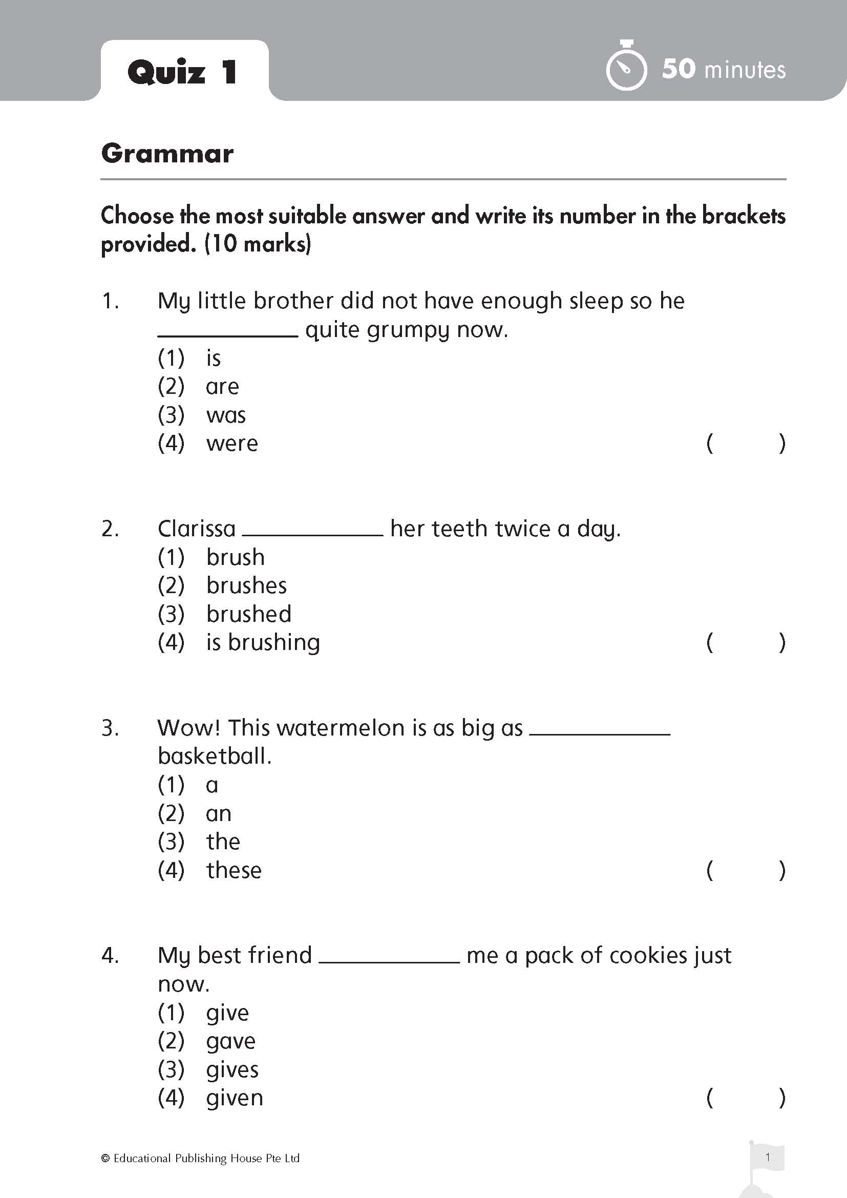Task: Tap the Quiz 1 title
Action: [182, 72]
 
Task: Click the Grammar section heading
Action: [167, 154]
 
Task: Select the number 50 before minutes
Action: [679, 69]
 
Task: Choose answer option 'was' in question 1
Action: [226, 415]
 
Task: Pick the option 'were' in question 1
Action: [231, 444]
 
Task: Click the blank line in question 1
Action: [227, 336]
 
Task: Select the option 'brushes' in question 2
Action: [246, 585]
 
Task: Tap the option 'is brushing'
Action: [263, 642]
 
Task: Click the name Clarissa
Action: [197, 529]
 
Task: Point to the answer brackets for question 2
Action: [746, 642]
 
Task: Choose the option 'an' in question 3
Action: [219, 813]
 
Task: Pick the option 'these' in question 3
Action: [234, 870]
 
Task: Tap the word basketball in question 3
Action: [214, 756]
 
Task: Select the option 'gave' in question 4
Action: [230, 1041]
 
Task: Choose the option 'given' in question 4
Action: [234, 1098]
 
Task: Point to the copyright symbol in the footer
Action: [105, 1159]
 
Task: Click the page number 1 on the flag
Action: [767, 1157]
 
